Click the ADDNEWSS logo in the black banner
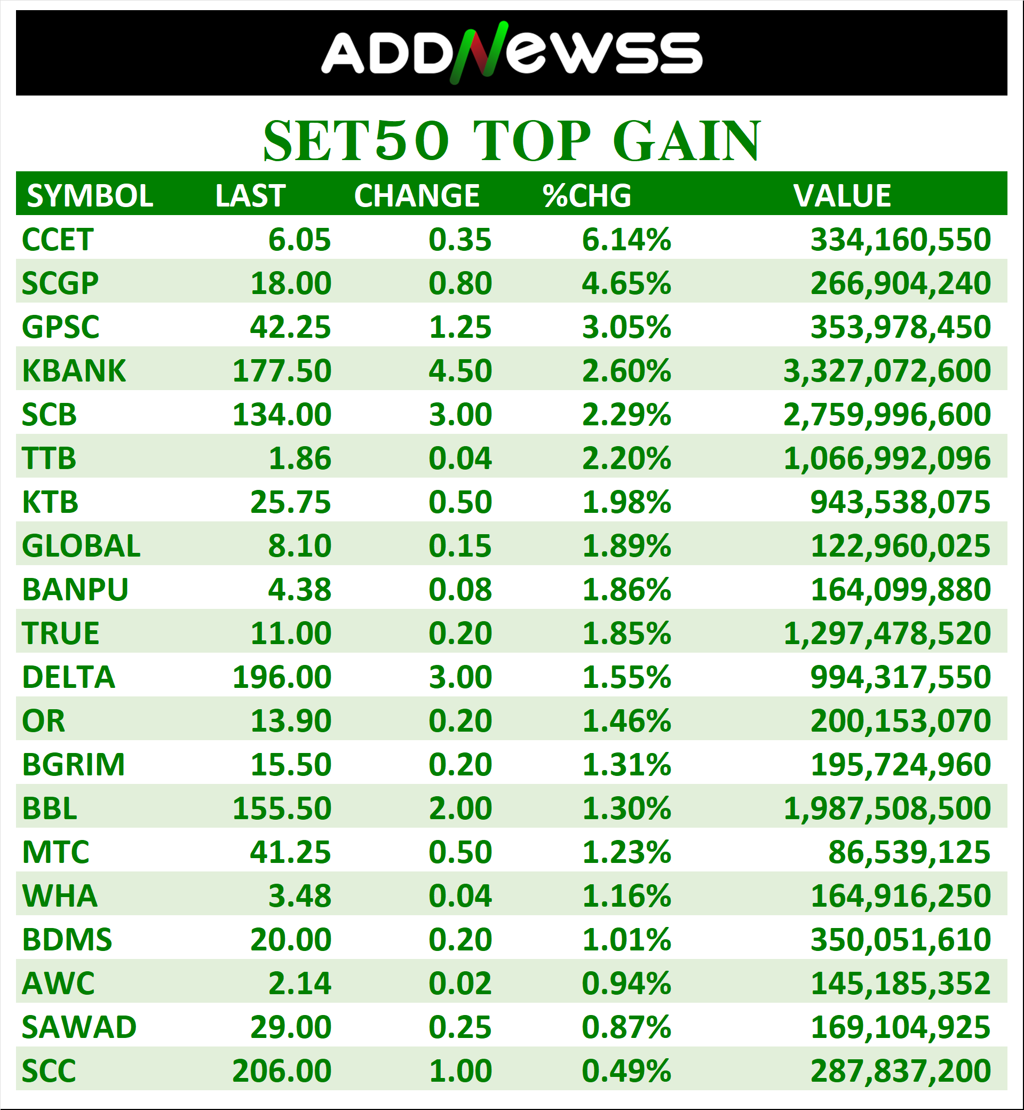[511, 53]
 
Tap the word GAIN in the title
[687, 141]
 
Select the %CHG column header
[587, 196]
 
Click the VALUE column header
[842, 196]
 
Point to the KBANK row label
[74, 371]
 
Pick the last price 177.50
[282, 371]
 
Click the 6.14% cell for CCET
[626, 240]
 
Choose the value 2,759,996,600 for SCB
[886, 415]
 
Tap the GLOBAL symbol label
[81, 546]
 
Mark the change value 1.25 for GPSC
[460, 327]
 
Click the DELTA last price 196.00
[282, 677]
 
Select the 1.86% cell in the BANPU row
[626, 590]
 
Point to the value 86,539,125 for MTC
[909, 852]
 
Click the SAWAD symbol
[78, 1027]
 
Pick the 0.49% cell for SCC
[626, 1071]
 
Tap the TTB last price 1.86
[299, 458]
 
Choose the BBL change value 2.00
[460, 808]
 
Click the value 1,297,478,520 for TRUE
[886, 633]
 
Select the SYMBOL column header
[90, 196]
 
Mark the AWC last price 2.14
[299, 984]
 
